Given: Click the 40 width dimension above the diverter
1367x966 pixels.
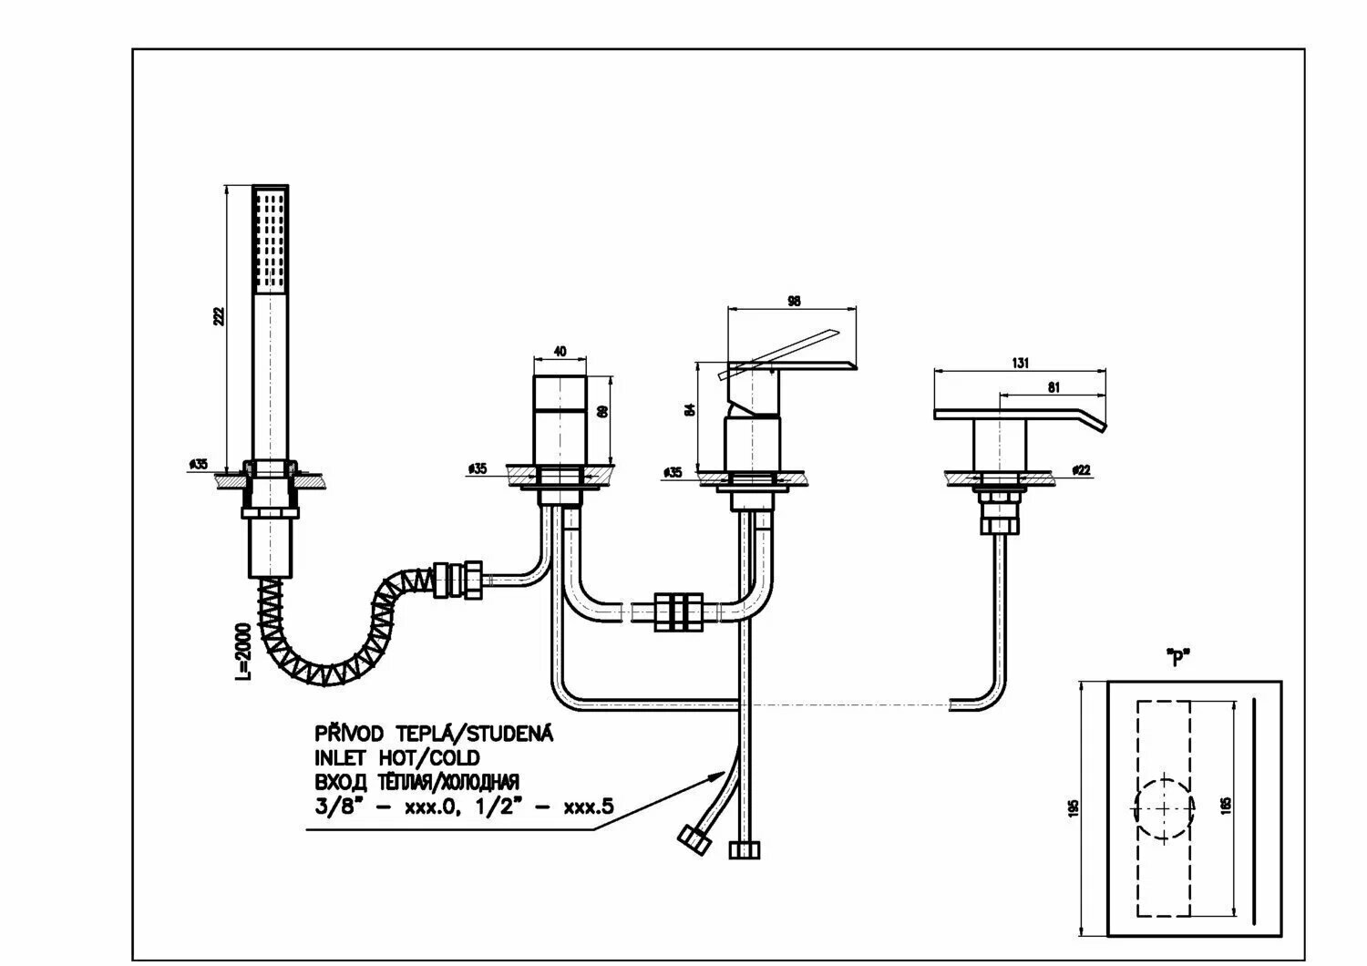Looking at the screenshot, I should coord(560,351).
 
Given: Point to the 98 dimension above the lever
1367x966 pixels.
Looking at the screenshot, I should coord(793,301).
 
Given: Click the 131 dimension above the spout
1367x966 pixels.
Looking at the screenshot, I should coord(1020,362).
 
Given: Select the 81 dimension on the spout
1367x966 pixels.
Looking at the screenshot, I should coord(1054,386).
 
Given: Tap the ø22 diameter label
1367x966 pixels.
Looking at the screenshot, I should coord(1082,470).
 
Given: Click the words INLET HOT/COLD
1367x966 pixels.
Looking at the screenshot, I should coord(397,757).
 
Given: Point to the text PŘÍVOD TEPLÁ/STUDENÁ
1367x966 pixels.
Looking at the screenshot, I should coord(434,734).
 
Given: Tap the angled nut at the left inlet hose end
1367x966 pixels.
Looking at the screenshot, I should coord(695,839).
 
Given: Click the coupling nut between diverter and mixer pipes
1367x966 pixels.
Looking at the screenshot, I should coord(679,611).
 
